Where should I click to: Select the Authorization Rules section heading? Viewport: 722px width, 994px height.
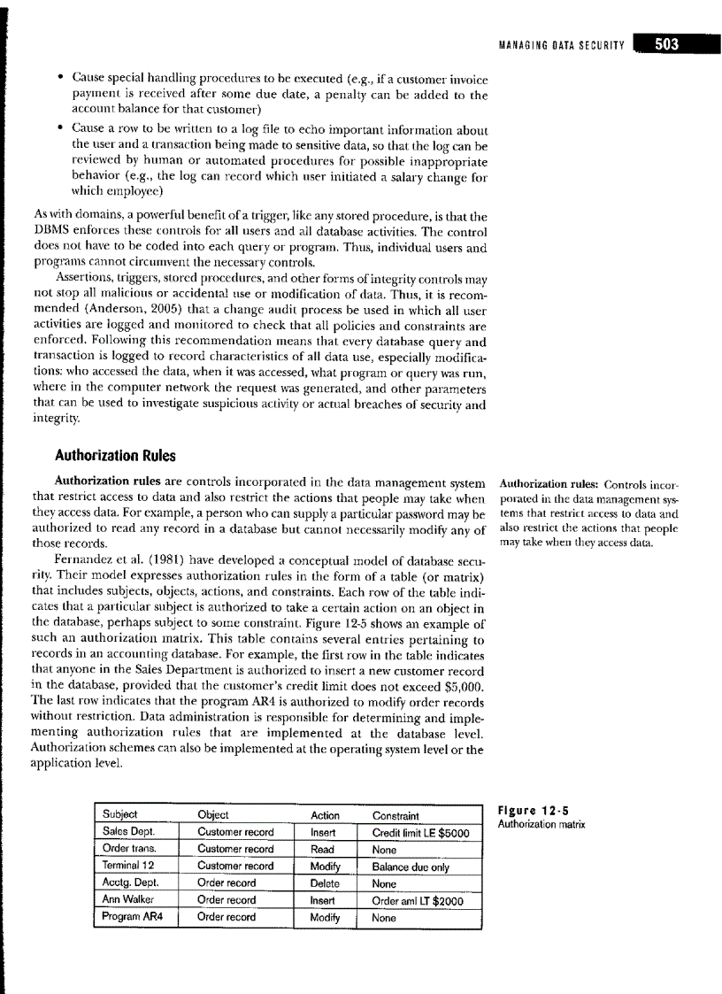115,456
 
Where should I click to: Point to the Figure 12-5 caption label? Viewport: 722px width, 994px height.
531,810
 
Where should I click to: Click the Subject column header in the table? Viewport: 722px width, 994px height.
120,815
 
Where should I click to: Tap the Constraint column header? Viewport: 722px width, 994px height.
396,815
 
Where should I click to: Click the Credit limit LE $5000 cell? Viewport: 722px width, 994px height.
420,832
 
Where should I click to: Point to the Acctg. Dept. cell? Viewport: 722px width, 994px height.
129,883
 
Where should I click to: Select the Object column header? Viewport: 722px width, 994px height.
212,815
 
